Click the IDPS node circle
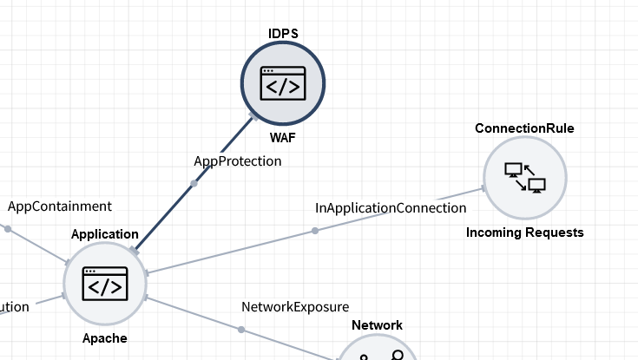pos(282,83)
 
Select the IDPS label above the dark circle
pos(283,33)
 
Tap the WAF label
pos(282,138)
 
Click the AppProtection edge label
pos(237,160)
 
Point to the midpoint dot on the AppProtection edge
pos(194,183)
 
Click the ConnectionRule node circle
pos(524,178)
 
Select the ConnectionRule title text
pos(524,128)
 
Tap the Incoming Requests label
pos(524,232)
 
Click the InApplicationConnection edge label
pos(391,208)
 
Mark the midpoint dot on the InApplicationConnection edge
pos(315,231)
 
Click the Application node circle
pos(104,283)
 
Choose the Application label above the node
pos(104,233)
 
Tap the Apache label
pos(104,338)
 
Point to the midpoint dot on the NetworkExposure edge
pos(241,330)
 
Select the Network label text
pos(377,325)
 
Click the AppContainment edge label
pos(60,206)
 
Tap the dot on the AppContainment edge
pos(8,229)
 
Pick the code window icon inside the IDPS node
pos(282,83)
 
